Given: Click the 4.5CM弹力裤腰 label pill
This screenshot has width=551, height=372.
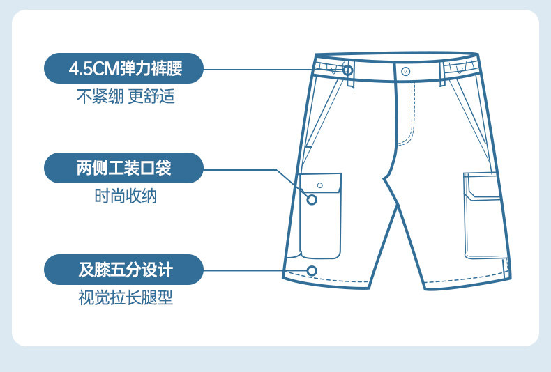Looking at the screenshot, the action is (x=123, y=68).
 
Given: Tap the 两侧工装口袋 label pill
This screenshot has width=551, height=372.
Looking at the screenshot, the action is (x=123, y=168).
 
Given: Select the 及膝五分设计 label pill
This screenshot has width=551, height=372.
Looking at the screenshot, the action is (x=123, y=270).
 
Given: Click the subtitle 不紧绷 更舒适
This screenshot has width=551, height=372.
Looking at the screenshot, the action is (x=126, y=96).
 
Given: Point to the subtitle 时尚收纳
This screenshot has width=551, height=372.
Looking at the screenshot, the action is (x=126, y=196).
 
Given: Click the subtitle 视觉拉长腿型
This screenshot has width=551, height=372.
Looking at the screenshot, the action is (x=126, y=297).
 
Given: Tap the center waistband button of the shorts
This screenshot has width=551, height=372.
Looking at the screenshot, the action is (x=406, y=72).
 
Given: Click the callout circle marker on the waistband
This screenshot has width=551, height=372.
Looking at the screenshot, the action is (x=348, y=70).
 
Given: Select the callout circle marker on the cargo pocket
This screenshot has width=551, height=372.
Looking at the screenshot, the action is (x=312, y=200).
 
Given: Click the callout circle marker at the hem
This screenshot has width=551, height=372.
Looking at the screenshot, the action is (x=312, y=271).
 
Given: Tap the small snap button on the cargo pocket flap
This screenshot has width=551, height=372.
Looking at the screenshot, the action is (x=319, y=185).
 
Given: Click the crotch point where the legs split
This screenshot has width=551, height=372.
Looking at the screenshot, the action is (x=384, y=179).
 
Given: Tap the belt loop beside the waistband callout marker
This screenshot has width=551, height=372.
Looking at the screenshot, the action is (x=349, y=74).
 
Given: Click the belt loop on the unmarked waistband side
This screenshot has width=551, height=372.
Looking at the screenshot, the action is (x=442, y=74).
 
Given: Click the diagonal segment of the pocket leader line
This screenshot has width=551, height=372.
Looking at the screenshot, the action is (x=292, y=184).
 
